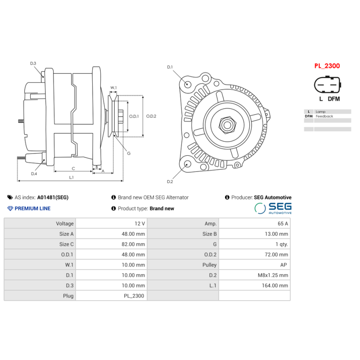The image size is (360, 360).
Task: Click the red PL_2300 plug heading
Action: (327, 66)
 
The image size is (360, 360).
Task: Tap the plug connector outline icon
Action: (327, 85)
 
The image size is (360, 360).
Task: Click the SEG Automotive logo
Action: (273, 208)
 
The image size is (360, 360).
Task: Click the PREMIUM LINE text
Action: (32, 208)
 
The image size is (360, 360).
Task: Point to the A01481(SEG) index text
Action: (53, 197)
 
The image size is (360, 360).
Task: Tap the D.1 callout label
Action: (170, 67)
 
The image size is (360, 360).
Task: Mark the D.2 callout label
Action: (170, 181)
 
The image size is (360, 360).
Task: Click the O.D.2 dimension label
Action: (150, 116)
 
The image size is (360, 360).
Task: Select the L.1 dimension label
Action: (72, 177)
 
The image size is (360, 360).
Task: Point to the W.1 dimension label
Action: (113, 88)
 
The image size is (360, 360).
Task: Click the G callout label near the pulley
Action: (129, 153)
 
